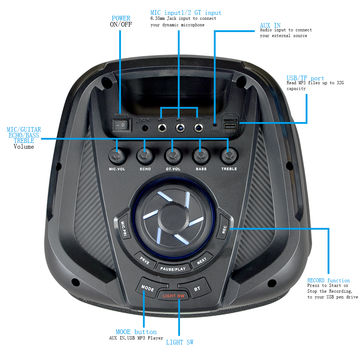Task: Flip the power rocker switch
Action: (x=122, y=126)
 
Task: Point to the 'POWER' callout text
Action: (x=121, y=18)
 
